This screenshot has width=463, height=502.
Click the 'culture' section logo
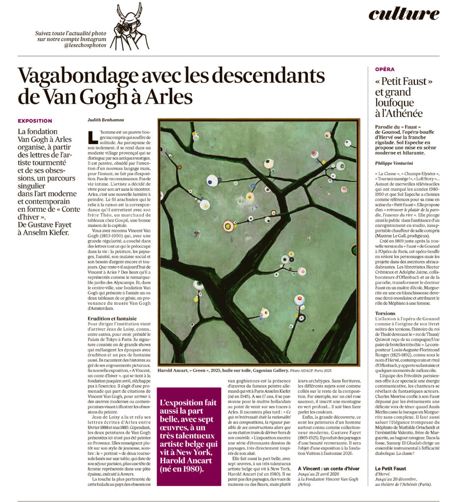[x=404, y=14]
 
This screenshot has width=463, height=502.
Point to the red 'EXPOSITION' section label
[x=35, y=121]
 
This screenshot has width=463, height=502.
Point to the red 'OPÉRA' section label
[x=384, y=70]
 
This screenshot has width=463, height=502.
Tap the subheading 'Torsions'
[x=385, y=313]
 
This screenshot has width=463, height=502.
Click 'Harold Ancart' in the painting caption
[x=175, y=371]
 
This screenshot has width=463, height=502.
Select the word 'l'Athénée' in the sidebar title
[x=398, y=114]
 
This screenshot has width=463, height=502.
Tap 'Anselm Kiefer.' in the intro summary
[x=48, y=232]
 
